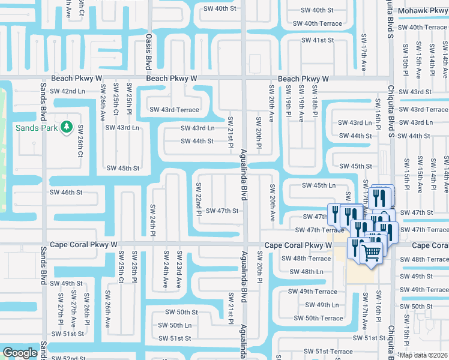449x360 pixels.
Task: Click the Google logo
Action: pos(20,353)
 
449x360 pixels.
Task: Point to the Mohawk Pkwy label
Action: pos(426,10)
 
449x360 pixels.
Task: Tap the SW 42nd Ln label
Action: pos(67,91)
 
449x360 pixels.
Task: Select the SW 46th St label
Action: pos(65,193)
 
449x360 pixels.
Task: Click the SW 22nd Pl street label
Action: pos(197,204)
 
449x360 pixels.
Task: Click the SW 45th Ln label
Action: pos(318,185)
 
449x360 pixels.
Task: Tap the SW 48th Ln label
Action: pos(306,272)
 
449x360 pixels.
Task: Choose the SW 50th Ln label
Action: pos(172,325)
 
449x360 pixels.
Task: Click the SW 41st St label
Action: pos(318,40)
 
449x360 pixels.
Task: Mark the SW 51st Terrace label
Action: pos(328,352)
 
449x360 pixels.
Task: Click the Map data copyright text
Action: pos(424,355)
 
